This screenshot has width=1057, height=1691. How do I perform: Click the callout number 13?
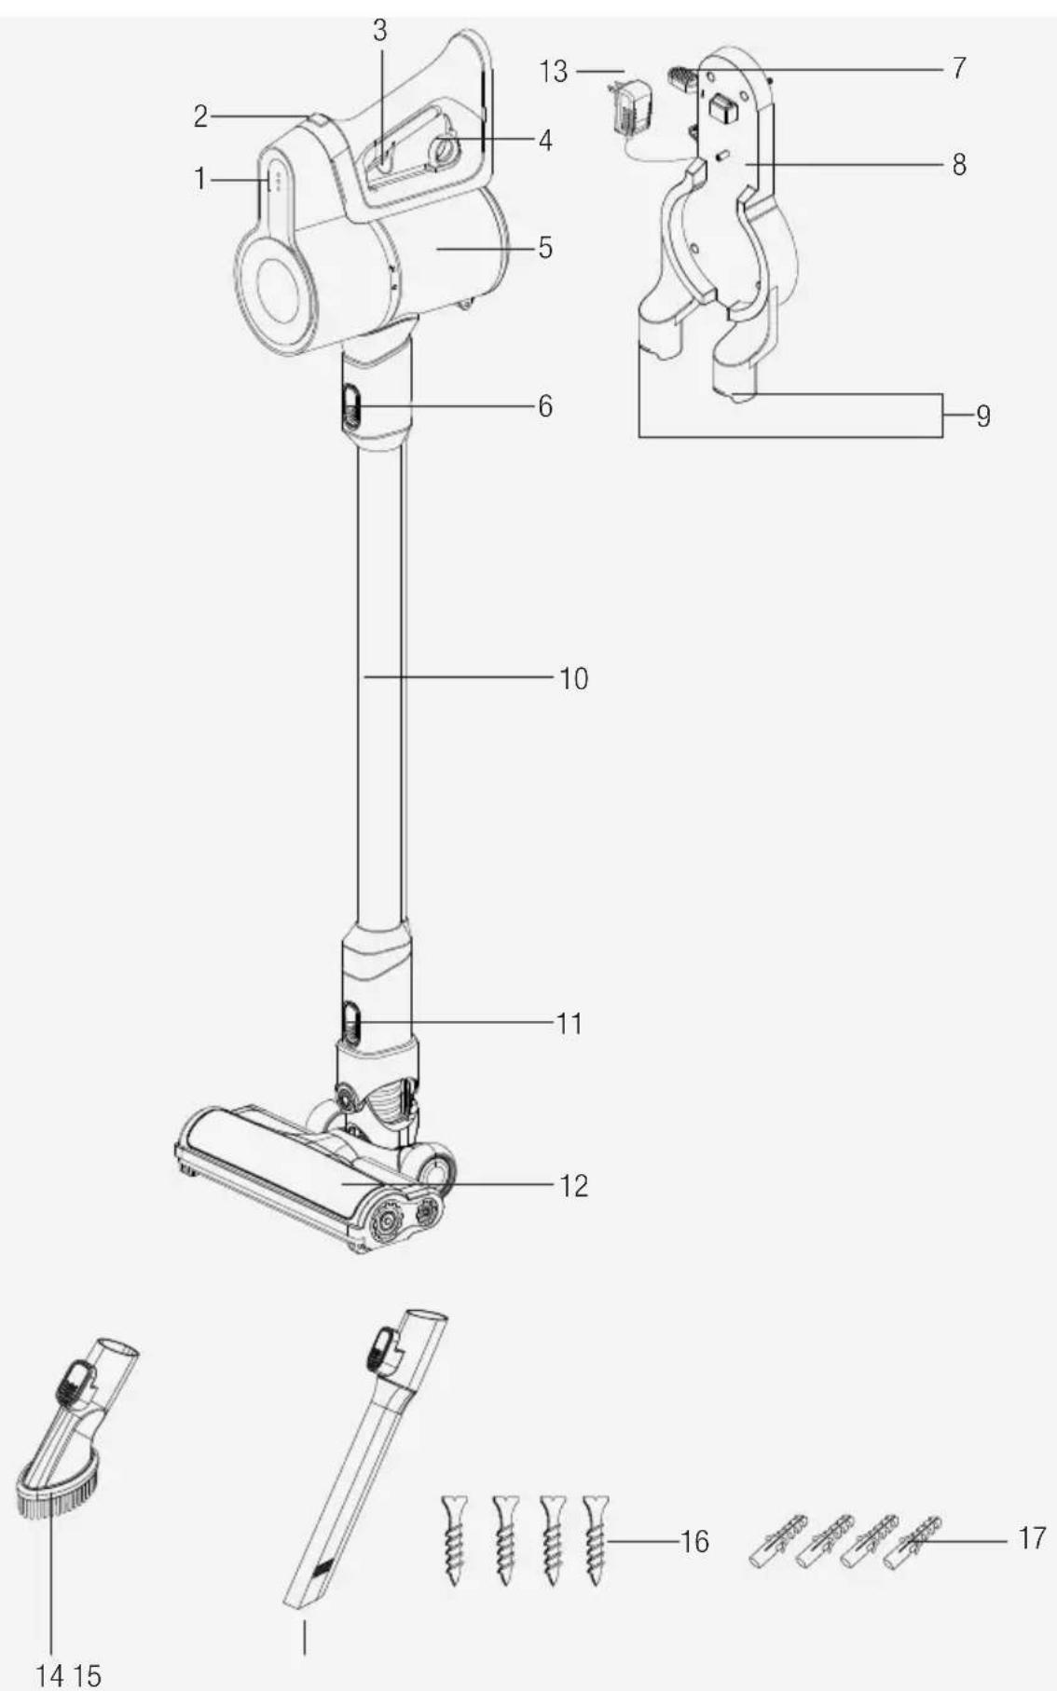point(553,72)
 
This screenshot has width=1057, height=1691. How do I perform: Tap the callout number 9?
point(982,416)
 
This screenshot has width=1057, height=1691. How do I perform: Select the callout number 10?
point(574,678)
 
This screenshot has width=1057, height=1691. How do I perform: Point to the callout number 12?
point(574,1185)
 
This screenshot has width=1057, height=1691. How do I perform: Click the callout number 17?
point(1031,1537)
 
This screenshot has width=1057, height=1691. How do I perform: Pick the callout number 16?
point(694,1541)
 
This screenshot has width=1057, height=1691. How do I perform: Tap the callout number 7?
point(959,68)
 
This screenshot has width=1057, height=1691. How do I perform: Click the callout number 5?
point(545,248)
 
